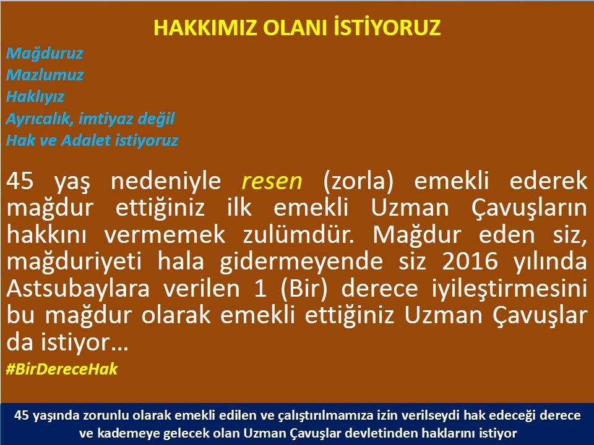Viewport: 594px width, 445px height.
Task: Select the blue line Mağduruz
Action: click(44, 54)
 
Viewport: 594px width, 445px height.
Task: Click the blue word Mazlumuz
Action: click(45, 75)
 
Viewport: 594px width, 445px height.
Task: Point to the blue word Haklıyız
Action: click(35, 97)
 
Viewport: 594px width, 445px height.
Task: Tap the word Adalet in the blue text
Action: click(87, 140)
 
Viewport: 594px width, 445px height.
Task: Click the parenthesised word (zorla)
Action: click(361, 180)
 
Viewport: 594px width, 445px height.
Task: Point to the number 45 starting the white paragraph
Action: click(21, 180)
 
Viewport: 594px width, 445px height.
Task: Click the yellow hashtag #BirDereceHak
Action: click(61, 369)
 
